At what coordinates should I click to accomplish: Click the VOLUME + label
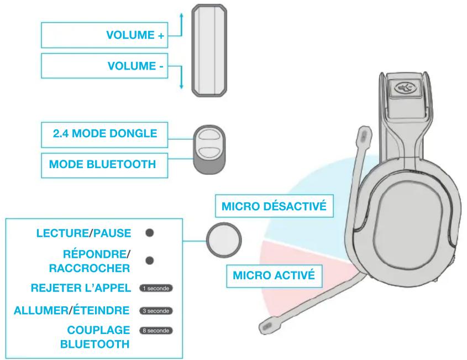(135, 35)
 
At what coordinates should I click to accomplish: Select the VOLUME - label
(135, 66)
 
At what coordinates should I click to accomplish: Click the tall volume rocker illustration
(209, 50)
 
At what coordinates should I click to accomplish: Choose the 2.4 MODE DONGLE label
(105, 133)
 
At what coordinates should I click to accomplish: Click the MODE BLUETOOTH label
(102, 164)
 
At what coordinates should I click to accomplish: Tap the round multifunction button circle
(224, 239)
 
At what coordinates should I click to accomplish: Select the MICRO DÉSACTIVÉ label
(274, 206)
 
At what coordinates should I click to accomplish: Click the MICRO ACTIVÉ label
(274, 275)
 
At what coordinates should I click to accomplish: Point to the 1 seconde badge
(156, 288)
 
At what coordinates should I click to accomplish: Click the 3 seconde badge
(156, 311)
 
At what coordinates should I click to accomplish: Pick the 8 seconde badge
(156, 331)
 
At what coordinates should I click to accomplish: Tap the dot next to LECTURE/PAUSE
(150, 233)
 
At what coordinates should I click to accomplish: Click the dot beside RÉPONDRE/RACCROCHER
(150, 260)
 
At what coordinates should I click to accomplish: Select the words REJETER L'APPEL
(81, 288)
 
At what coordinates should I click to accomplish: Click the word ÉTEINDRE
(101, 310)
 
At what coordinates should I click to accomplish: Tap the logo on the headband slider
(403, 88)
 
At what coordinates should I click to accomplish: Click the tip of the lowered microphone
(265, 327)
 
